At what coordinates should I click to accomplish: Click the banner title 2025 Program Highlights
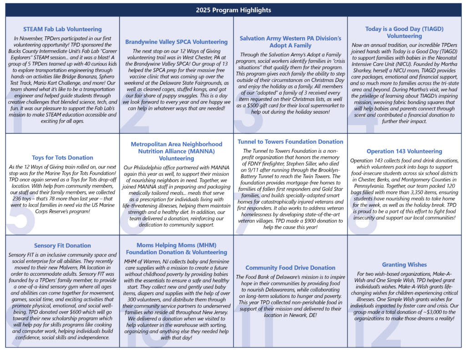coord(233,10)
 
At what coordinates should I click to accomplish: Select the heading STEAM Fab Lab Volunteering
coord(62,30)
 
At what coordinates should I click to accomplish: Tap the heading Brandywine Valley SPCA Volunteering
coord(177,42)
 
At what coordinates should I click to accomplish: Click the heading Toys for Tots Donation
coord(62,158)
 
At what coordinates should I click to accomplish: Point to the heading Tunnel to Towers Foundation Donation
coord(290,142)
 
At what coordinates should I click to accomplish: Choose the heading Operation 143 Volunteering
coord(404,151)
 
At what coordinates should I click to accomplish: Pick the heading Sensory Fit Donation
coord(62,246)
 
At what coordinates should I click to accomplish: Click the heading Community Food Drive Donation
coord(290,268)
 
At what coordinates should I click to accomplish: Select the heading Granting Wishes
coord(404,264)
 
